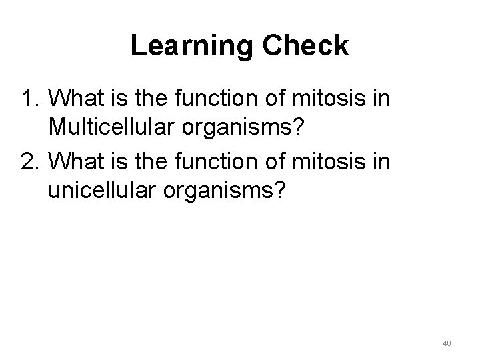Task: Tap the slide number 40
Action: pyautogui.click(x=447, y=343)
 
